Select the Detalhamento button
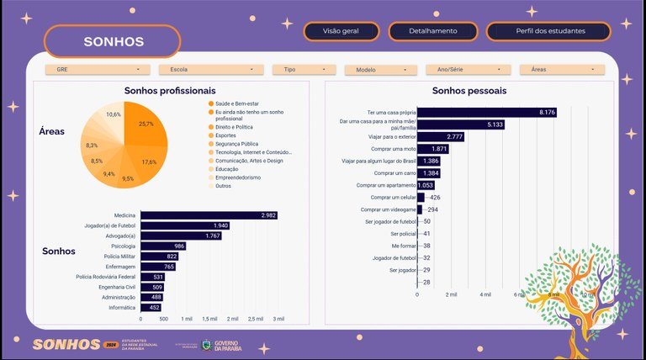[433, 30]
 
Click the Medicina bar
[209, 216]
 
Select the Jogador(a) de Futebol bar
[185, 226]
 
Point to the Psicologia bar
[162, 246]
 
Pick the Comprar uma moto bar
[433, 149]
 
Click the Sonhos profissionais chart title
[170, 90]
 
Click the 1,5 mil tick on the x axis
[209, 320]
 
